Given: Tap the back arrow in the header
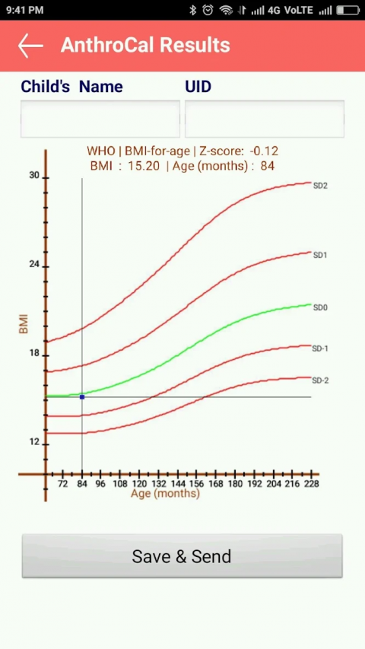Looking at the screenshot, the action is [x=30, y=46].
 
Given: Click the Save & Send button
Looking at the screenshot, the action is [x=182, y=556].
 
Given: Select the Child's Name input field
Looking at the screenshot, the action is [x=100, y=119].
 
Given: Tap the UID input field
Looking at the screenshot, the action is [x=265, y=119].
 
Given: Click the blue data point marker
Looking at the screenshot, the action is [x=82, y=397].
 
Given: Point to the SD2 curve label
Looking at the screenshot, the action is [x=320, y=186].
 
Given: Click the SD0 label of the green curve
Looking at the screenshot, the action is [x=320, y=307].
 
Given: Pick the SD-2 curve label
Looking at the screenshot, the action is [x=320, y=380].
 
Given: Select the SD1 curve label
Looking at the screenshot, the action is [x=320, y=256].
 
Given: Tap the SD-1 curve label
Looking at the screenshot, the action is [x=320, y=348].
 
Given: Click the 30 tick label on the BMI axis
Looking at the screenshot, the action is [x=34, y=176].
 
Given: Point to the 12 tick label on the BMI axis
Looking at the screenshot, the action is [x=34, y=442].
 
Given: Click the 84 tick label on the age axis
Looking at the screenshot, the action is [x=82, y=484].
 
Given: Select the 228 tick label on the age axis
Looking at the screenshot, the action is [x=311, y=484].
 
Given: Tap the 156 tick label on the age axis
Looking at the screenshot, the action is [x=197, y=484].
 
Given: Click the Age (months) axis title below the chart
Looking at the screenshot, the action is [x=166, y=493].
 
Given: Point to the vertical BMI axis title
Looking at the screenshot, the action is [x=24, y=324].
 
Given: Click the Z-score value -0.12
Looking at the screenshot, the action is [x=264, y=151].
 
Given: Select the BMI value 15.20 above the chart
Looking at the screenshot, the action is [x=144, y=166].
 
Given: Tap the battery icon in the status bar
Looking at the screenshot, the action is [x=347, y=10].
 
